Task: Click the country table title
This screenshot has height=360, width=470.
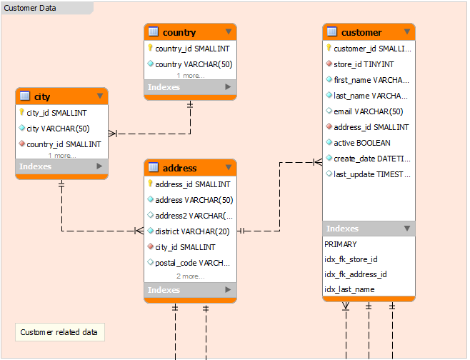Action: tap(179, 32)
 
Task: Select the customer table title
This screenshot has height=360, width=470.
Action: tap(361, 32)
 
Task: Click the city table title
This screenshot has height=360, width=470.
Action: tap(42, 97)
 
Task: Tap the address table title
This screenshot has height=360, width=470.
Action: tap(179, 168)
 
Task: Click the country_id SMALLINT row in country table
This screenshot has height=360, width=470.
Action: tap(192, 49)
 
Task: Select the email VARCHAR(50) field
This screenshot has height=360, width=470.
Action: tap(368, 111)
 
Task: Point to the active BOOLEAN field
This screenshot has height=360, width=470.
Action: tap(362, 143)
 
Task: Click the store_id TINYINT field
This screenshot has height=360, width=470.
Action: tap(364, 64)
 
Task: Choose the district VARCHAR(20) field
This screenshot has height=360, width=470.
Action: tap(192, 231)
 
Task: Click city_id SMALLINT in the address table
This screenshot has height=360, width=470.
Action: tap(185, 247)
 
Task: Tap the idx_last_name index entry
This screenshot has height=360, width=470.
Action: tap(349, 289)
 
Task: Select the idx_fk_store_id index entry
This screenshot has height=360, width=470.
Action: tap(351, 259)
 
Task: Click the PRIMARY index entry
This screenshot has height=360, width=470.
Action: tap(341, 244)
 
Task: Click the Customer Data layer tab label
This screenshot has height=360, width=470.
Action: tap(30, 8)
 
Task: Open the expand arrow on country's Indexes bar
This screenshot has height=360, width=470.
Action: tap(228, 87)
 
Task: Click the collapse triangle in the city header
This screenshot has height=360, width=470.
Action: tap(100, 96)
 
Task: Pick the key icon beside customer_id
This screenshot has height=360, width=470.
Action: tap(329, 48)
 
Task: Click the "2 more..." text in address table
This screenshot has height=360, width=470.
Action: tap(190, 276)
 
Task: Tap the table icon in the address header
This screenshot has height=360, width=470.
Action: tap(154, 167)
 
